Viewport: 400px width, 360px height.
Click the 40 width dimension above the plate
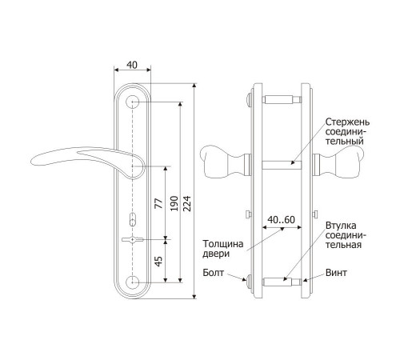(132, 65)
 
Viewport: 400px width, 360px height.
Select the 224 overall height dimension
(187, 203)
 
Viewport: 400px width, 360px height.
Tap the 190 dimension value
(174, 203)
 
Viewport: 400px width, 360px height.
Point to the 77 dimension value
(159, 203)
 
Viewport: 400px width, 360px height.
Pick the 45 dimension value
(158, 262)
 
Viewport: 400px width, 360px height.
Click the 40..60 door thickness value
(282, 220)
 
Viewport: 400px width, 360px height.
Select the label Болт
(214, 273)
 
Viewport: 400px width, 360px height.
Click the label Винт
(336, 273)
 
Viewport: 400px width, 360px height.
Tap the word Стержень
(347, 122)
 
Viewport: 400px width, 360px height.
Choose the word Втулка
(341, 226)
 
